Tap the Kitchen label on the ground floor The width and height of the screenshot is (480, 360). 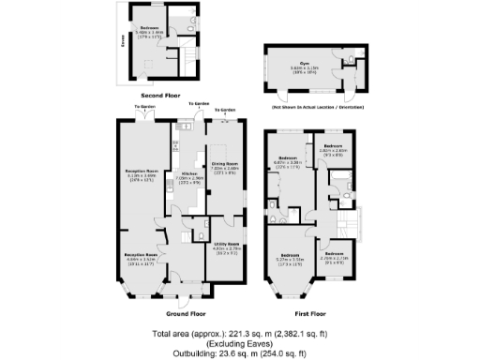187,176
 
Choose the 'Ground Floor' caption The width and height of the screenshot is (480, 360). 186,313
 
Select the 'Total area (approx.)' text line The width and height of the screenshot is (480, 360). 240,333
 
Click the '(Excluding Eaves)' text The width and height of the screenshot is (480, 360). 240,343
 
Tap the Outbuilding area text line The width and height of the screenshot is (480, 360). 240,353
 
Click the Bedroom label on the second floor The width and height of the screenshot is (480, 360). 150,30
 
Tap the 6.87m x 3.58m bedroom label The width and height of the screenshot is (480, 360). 287,159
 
